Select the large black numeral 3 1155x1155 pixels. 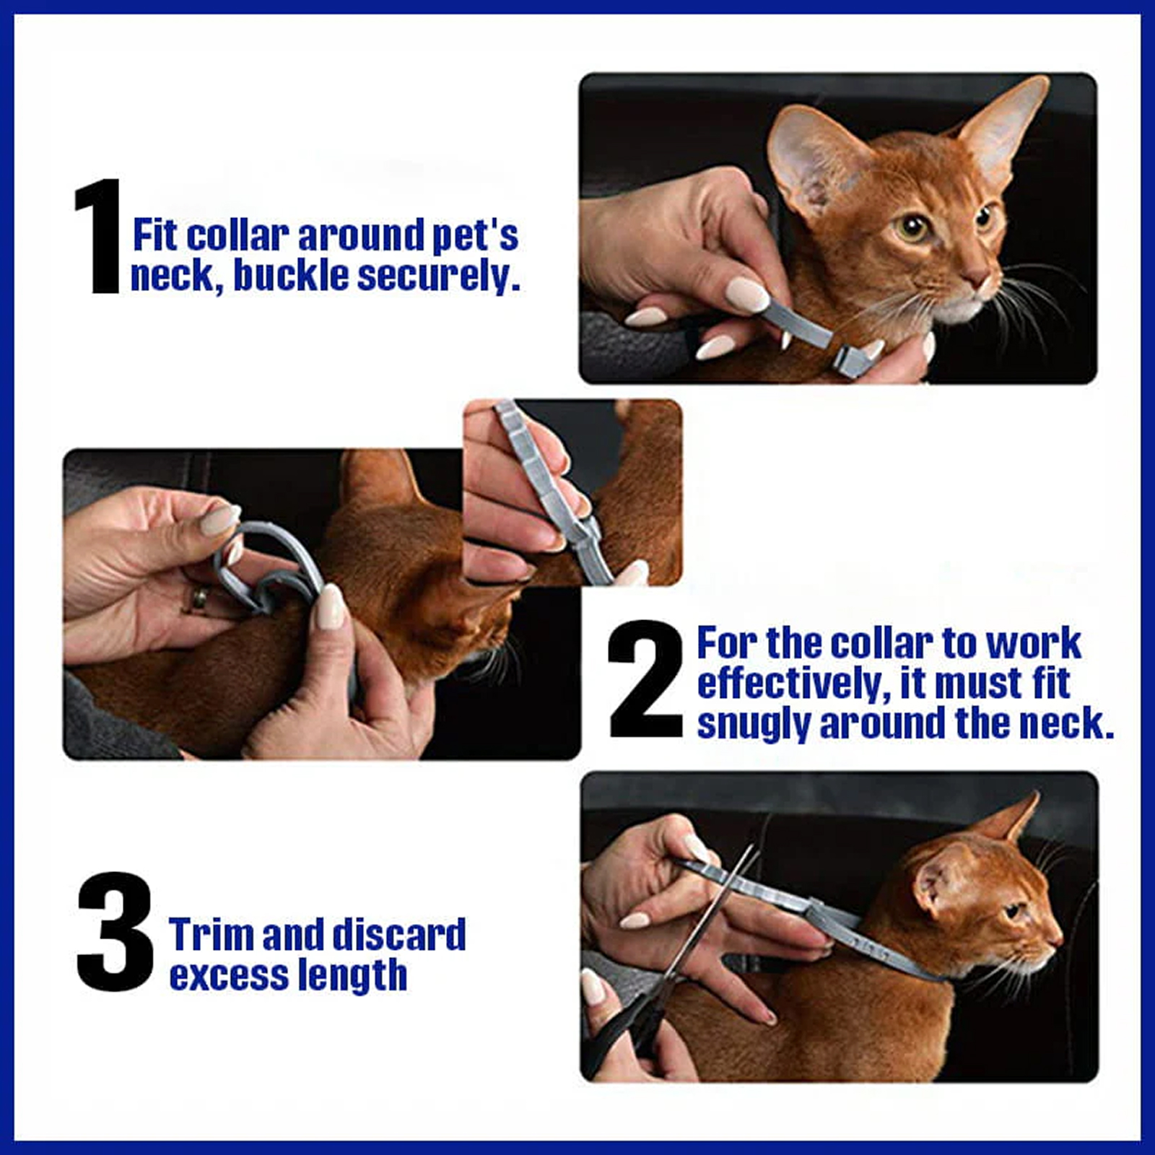(x=115, y=932)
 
